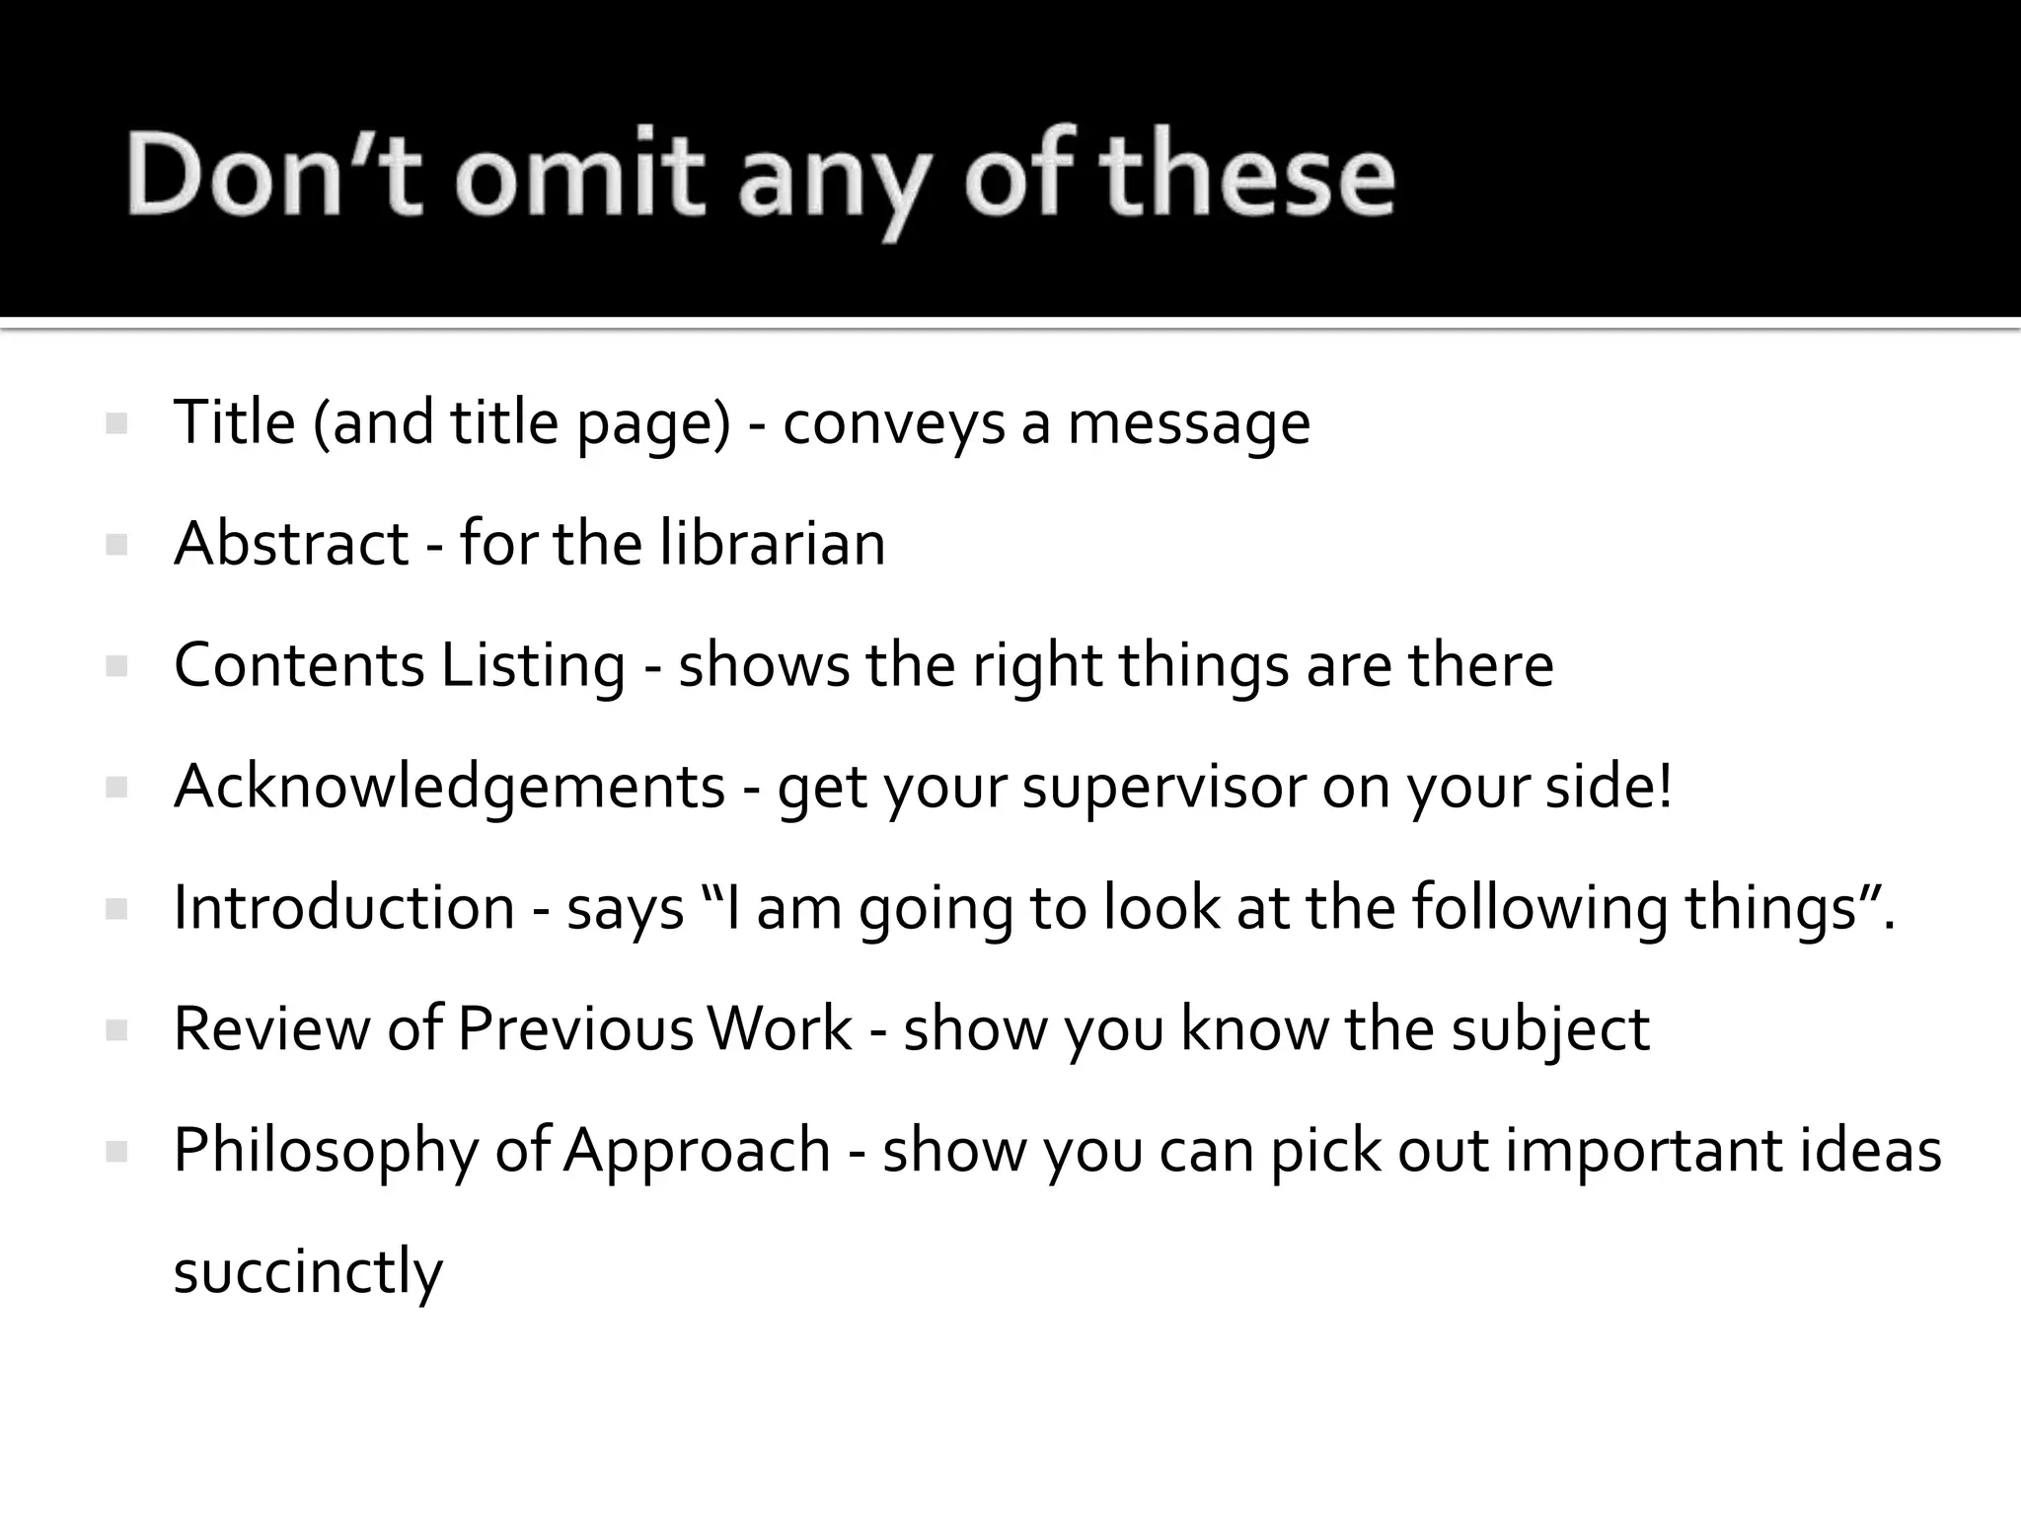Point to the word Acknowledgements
click(450, 787)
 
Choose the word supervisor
click(1163, 787)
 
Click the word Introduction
click(344, 907)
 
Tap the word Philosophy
click(326, 1151)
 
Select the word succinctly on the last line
click(308, 1271)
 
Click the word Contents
click(299, 664)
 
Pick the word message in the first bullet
click(1189, 424)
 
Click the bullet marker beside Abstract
click(116, 545)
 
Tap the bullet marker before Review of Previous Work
click(116, 1030)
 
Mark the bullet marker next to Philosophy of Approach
click(116, 1151)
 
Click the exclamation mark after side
click(1666, 787)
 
